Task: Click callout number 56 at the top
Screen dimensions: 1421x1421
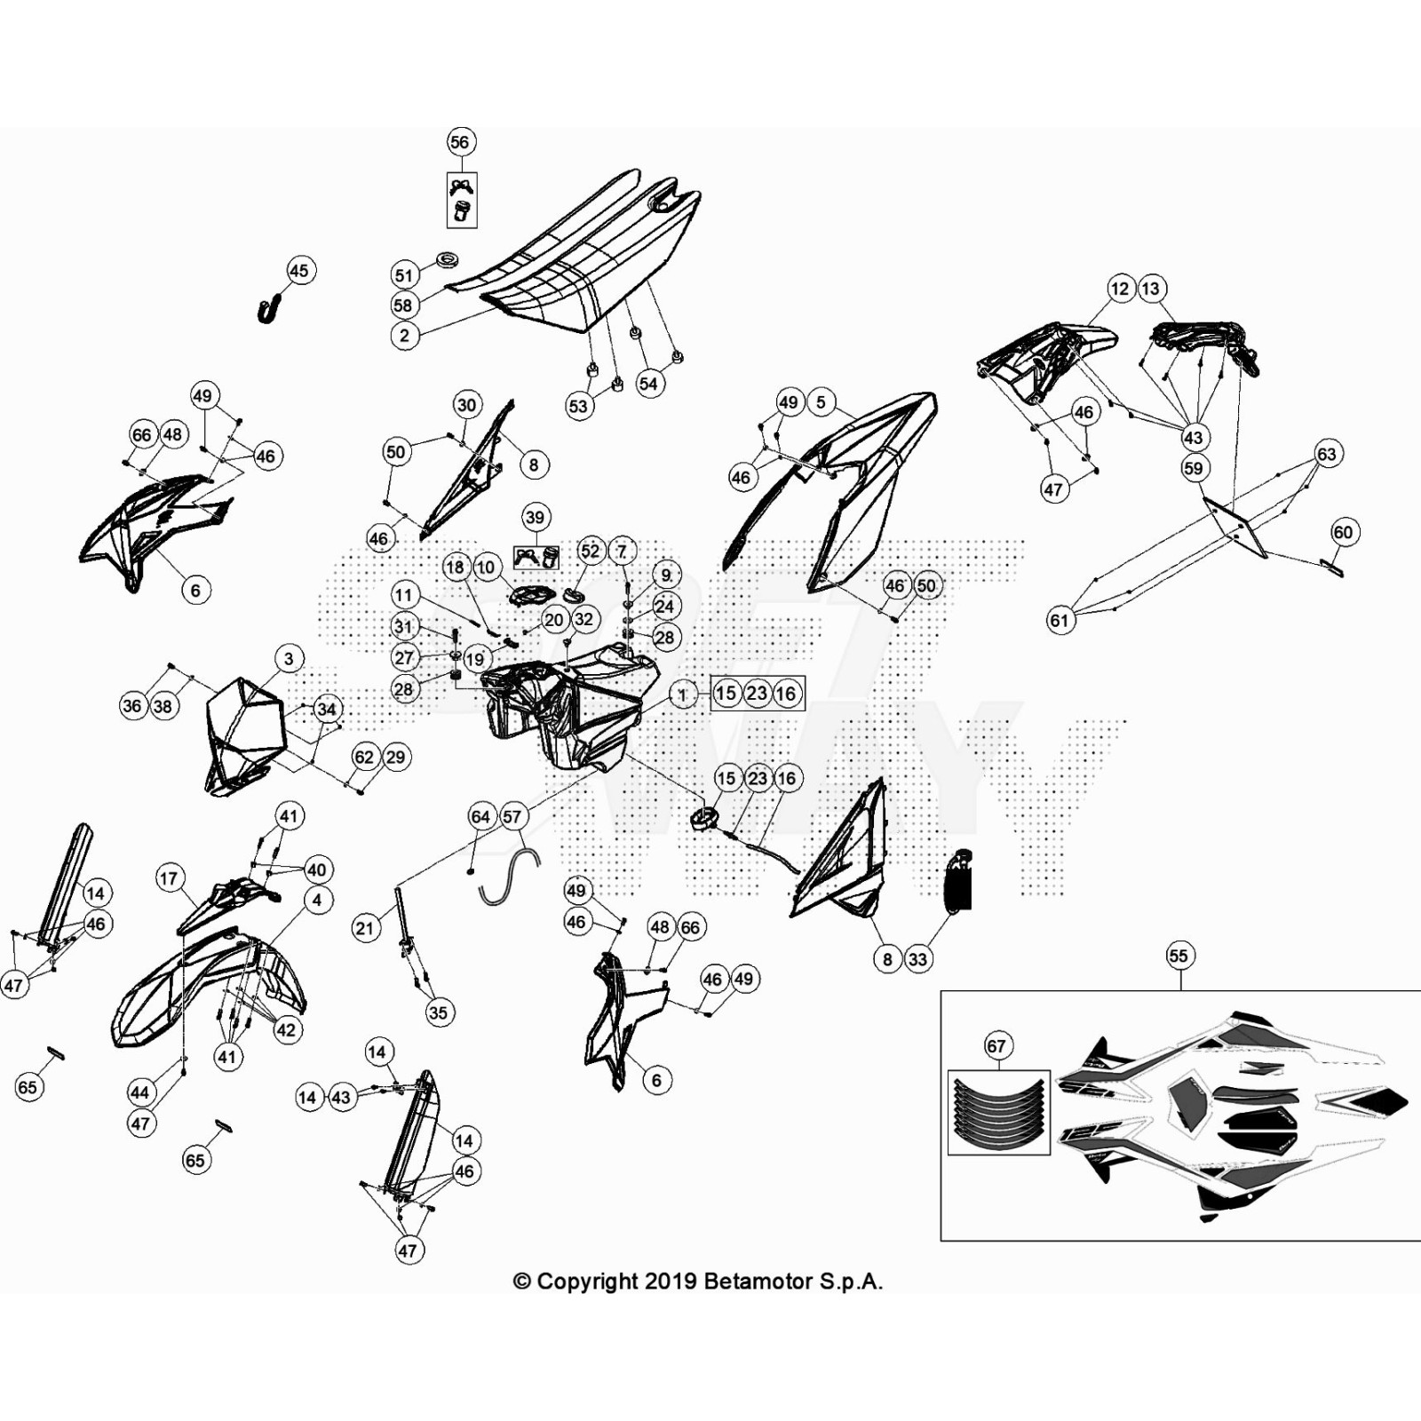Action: click(459, 142)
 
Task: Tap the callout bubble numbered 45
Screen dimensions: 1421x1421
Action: click(299, 271)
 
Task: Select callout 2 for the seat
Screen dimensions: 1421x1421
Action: click(405, 335)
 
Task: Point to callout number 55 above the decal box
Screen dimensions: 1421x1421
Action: click(1179, 956)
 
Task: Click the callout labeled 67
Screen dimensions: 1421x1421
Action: click(996, 1046)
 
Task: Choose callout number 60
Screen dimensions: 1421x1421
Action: click(1343, 532)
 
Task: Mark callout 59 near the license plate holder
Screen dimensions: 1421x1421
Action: click(1194, 468)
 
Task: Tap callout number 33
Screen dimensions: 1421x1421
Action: click(917, 959)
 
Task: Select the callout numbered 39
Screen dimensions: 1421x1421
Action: click(535, 517)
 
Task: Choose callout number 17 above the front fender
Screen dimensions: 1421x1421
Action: click(169, 878)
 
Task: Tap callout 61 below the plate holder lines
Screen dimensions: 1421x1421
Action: click(1060, 620)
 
